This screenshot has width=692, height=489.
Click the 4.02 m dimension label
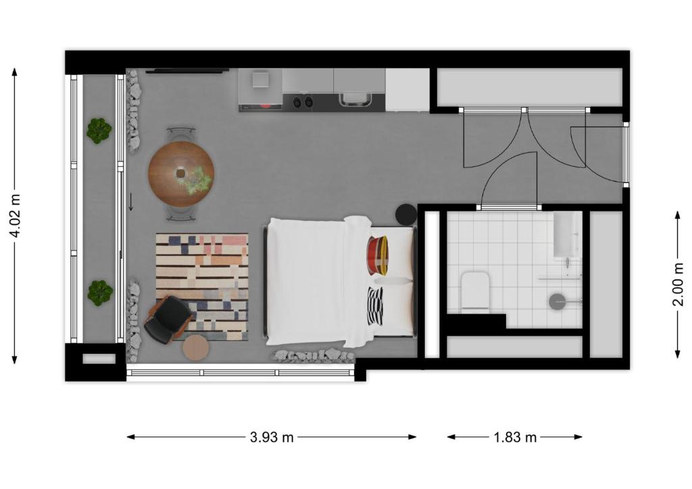16,215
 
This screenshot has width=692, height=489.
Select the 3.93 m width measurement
272,437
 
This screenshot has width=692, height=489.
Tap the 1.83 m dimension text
514,437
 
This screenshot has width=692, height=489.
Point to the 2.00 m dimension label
678,284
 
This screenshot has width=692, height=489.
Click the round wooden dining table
181,174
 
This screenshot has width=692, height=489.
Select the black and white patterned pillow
376,307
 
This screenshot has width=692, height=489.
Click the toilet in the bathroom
475,292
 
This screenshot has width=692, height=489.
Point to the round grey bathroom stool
558,302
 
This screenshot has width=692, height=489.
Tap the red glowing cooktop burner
266,105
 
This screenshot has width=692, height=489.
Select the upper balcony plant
99,130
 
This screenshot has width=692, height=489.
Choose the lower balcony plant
100,292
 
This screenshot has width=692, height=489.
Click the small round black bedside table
406,215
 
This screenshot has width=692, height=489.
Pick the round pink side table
195,348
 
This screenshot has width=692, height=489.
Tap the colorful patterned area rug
202,287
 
